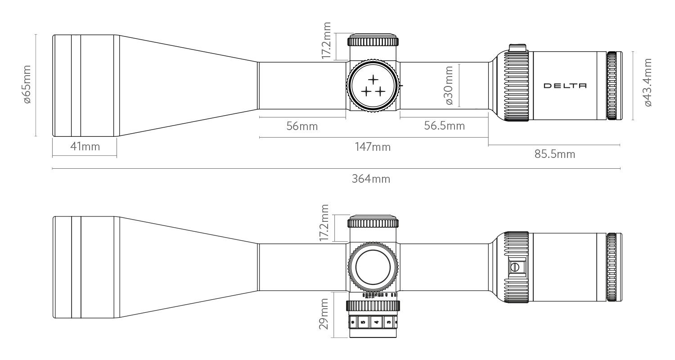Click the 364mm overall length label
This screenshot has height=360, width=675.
tap(371, 179)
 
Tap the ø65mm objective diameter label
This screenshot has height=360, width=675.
tap(27, 84)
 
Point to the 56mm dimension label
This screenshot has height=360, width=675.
tap(302, 126)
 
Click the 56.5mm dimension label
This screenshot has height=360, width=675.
tap(444, 126)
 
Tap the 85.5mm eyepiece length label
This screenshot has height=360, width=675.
tap(554, 154)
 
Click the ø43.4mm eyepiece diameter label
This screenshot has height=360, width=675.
tap(648, 82)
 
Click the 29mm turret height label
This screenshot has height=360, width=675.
tap(324, 314)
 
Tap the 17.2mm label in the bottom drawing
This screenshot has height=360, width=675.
tap(324, 222)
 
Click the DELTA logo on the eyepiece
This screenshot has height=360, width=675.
tap(565, 85)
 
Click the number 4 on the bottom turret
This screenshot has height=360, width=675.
tap(376, 323)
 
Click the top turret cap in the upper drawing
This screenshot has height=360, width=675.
tap(373, 41)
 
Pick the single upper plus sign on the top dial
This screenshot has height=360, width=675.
tap(373, 80)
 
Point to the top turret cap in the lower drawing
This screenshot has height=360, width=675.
tap(373, 222)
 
